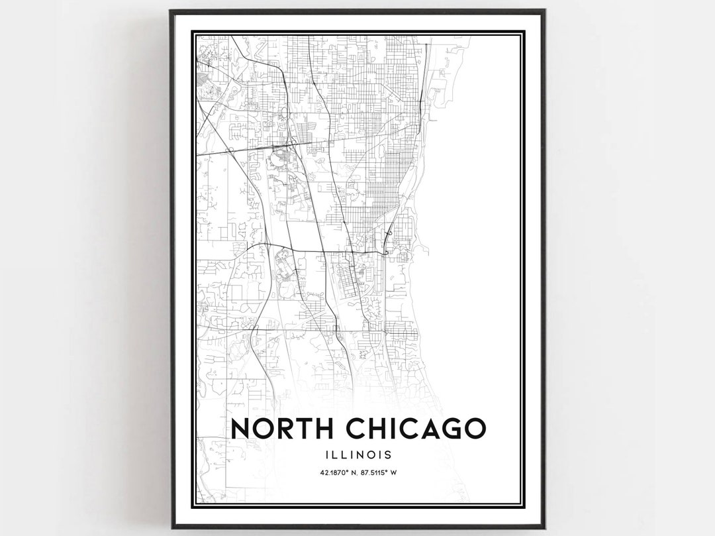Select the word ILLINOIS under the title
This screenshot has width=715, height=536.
[x=358, y=455]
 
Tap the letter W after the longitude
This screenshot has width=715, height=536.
[x=395, y=472]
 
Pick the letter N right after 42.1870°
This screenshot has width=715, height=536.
[x=349, y=472]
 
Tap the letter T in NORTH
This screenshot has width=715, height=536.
[x=311, y=429]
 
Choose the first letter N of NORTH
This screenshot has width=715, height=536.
[x=241, y=429]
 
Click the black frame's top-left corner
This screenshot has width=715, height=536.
[x=171, y=11]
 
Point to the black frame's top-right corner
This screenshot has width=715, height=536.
[x=544, y=11]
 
